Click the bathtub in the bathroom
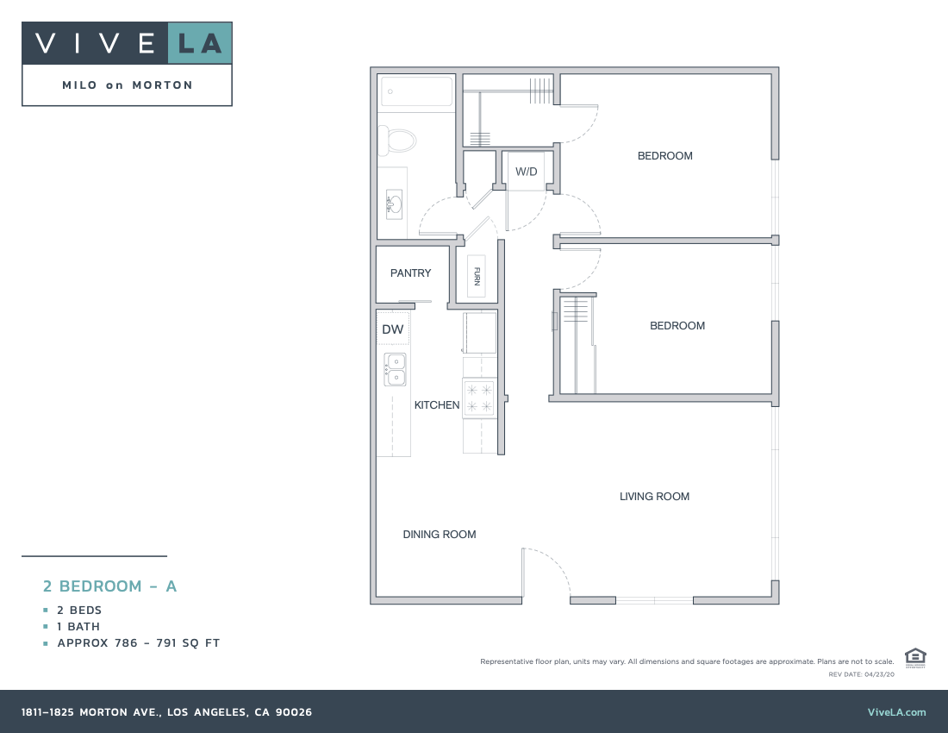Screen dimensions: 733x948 (x=417, y=91)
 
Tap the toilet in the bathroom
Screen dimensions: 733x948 (x=400, y=139)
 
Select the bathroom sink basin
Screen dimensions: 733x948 (x=394, y=204)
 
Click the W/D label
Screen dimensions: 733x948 (x=527, y=172)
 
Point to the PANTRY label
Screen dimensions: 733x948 (x=410, y=273)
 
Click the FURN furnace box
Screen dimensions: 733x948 (x=477, y=276)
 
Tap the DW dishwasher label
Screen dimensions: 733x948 (x=393, y=329)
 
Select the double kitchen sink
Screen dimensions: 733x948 (x=395, y=370)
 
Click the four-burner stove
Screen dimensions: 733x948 (x=479, y=398)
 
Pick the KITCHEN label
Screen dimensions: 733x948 (x=437, y=405)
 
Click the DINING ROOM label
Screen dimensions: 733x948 (x=440, y=535)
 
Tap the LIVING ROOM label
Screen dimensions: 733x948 (x=654, y=497)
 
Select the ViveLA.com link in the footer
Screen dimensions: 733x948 (x=896, y=712)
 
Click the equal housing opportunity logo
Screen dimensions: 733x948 (x=915, y=657)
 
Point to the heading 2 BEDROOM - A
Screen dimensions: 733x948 (x=110, y=586)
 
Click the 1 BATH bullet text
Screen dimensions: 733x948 (x=78, y=627)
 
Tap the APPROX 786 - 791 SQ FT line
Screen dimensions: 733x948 (x=138, y=643)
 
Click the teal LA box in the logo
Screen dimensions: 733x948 (x=200, y=43)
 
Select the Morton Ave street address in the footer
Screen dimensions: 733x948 (x=166, y=712)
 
